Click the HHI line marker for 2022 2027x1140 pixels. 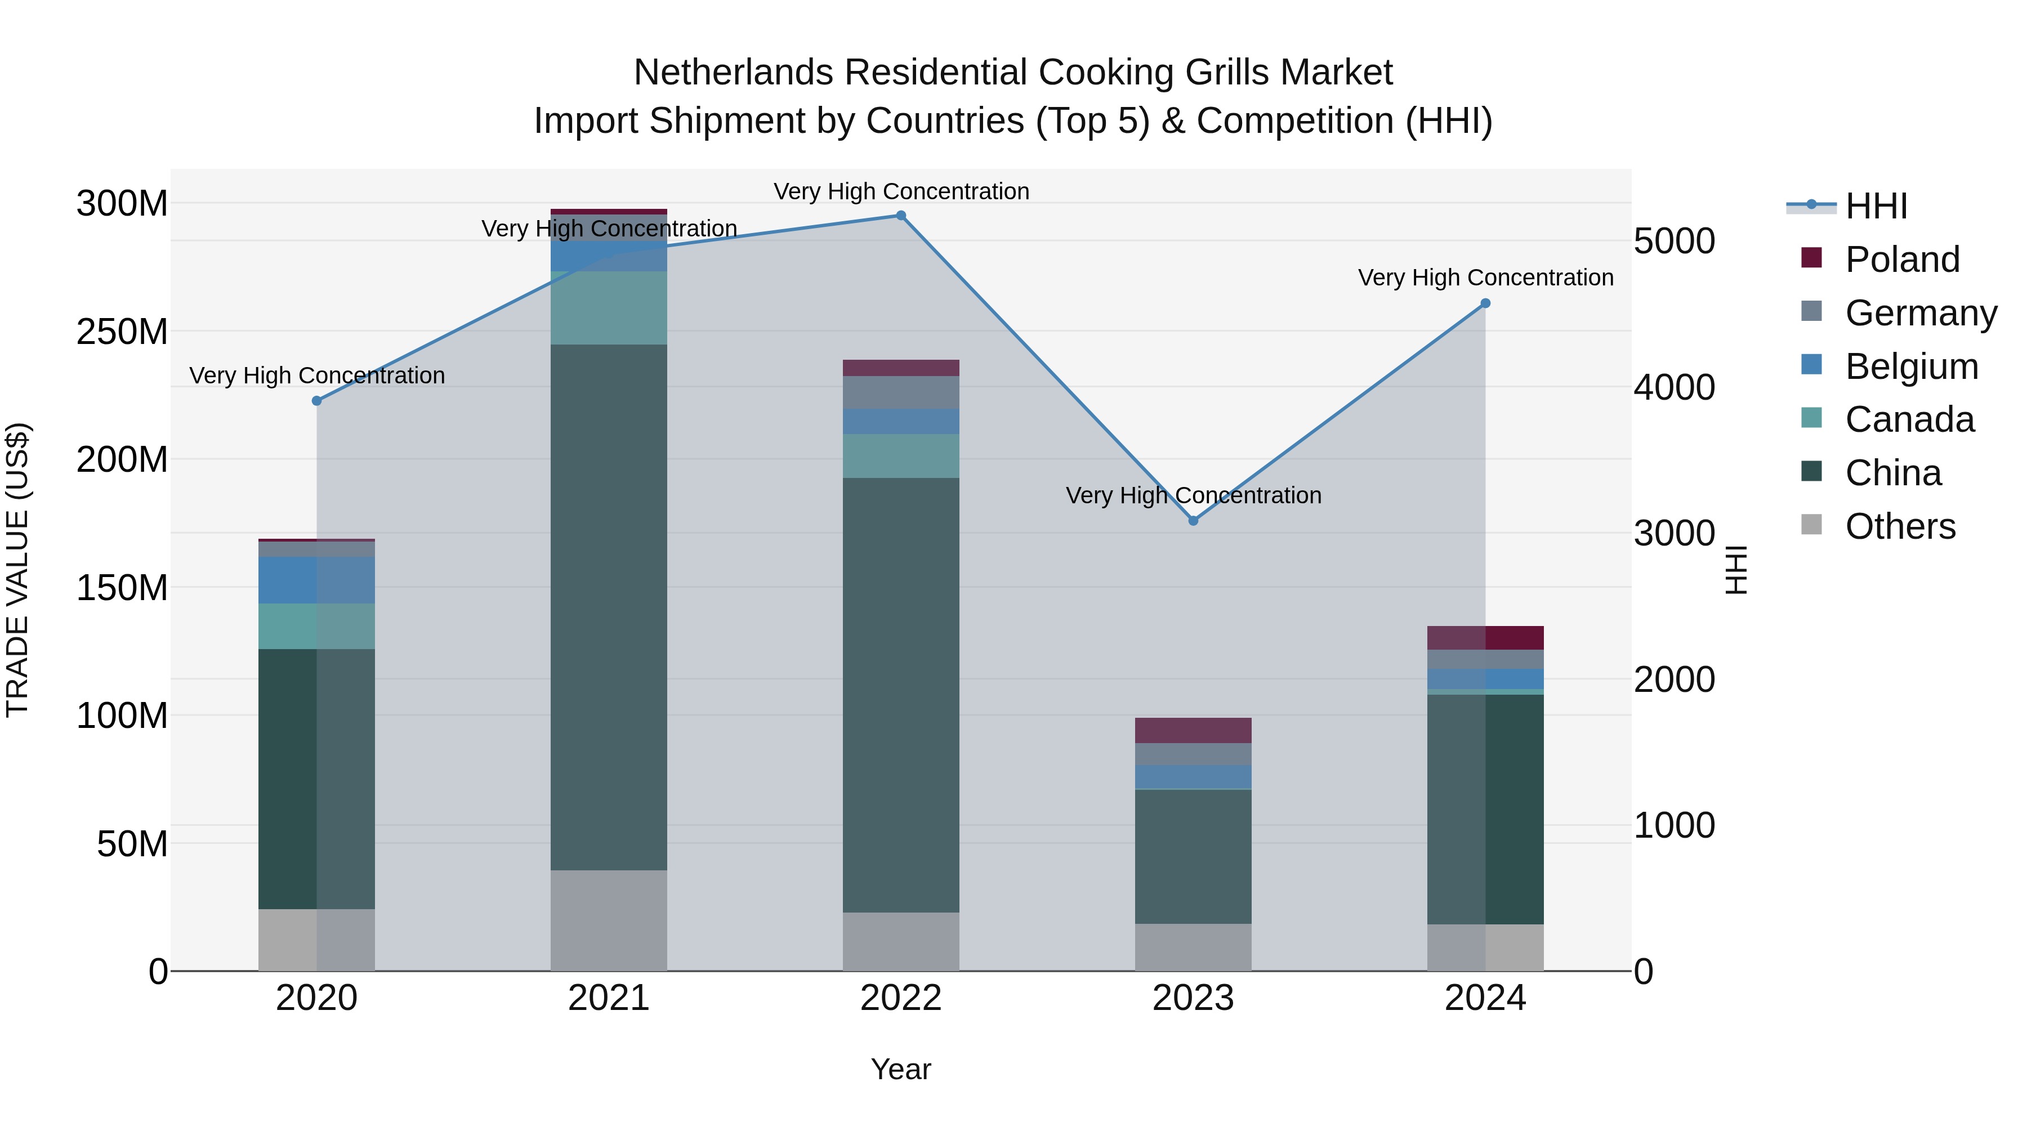tap(901, 216)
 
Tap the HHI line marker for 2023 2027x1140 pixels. tap(1193, 521)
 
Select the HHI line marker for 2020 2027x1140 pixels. tap(317, 401)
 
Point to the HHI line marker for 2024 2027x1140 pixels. tap(1486, 303)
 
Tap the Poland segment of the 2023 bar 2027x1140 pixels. tap(1193, 730)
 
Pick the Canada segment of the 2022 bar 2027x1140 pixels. tap(901, 457)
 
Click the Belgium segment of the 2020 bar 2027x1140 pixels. tap(317, 580)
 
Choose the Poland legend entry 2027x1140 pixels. tap(1902, 260)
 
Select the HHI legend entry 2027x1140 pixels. tap(1876, 206)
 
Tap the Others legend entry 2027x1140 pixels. tap(1900, 526)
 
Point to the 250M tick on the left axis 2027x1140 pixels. tap(122, 331)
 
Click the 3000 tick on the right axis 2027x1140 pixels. tap(1675, 534)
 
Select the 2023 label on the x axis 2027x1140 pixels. tap(1193, 998)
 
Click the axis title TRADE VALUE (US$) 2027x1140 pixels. tap(17, 570)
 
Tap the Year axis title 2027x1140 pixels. tap(901, 1069)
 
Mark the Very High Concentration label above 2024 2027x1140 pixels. tap(1486, 278)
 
